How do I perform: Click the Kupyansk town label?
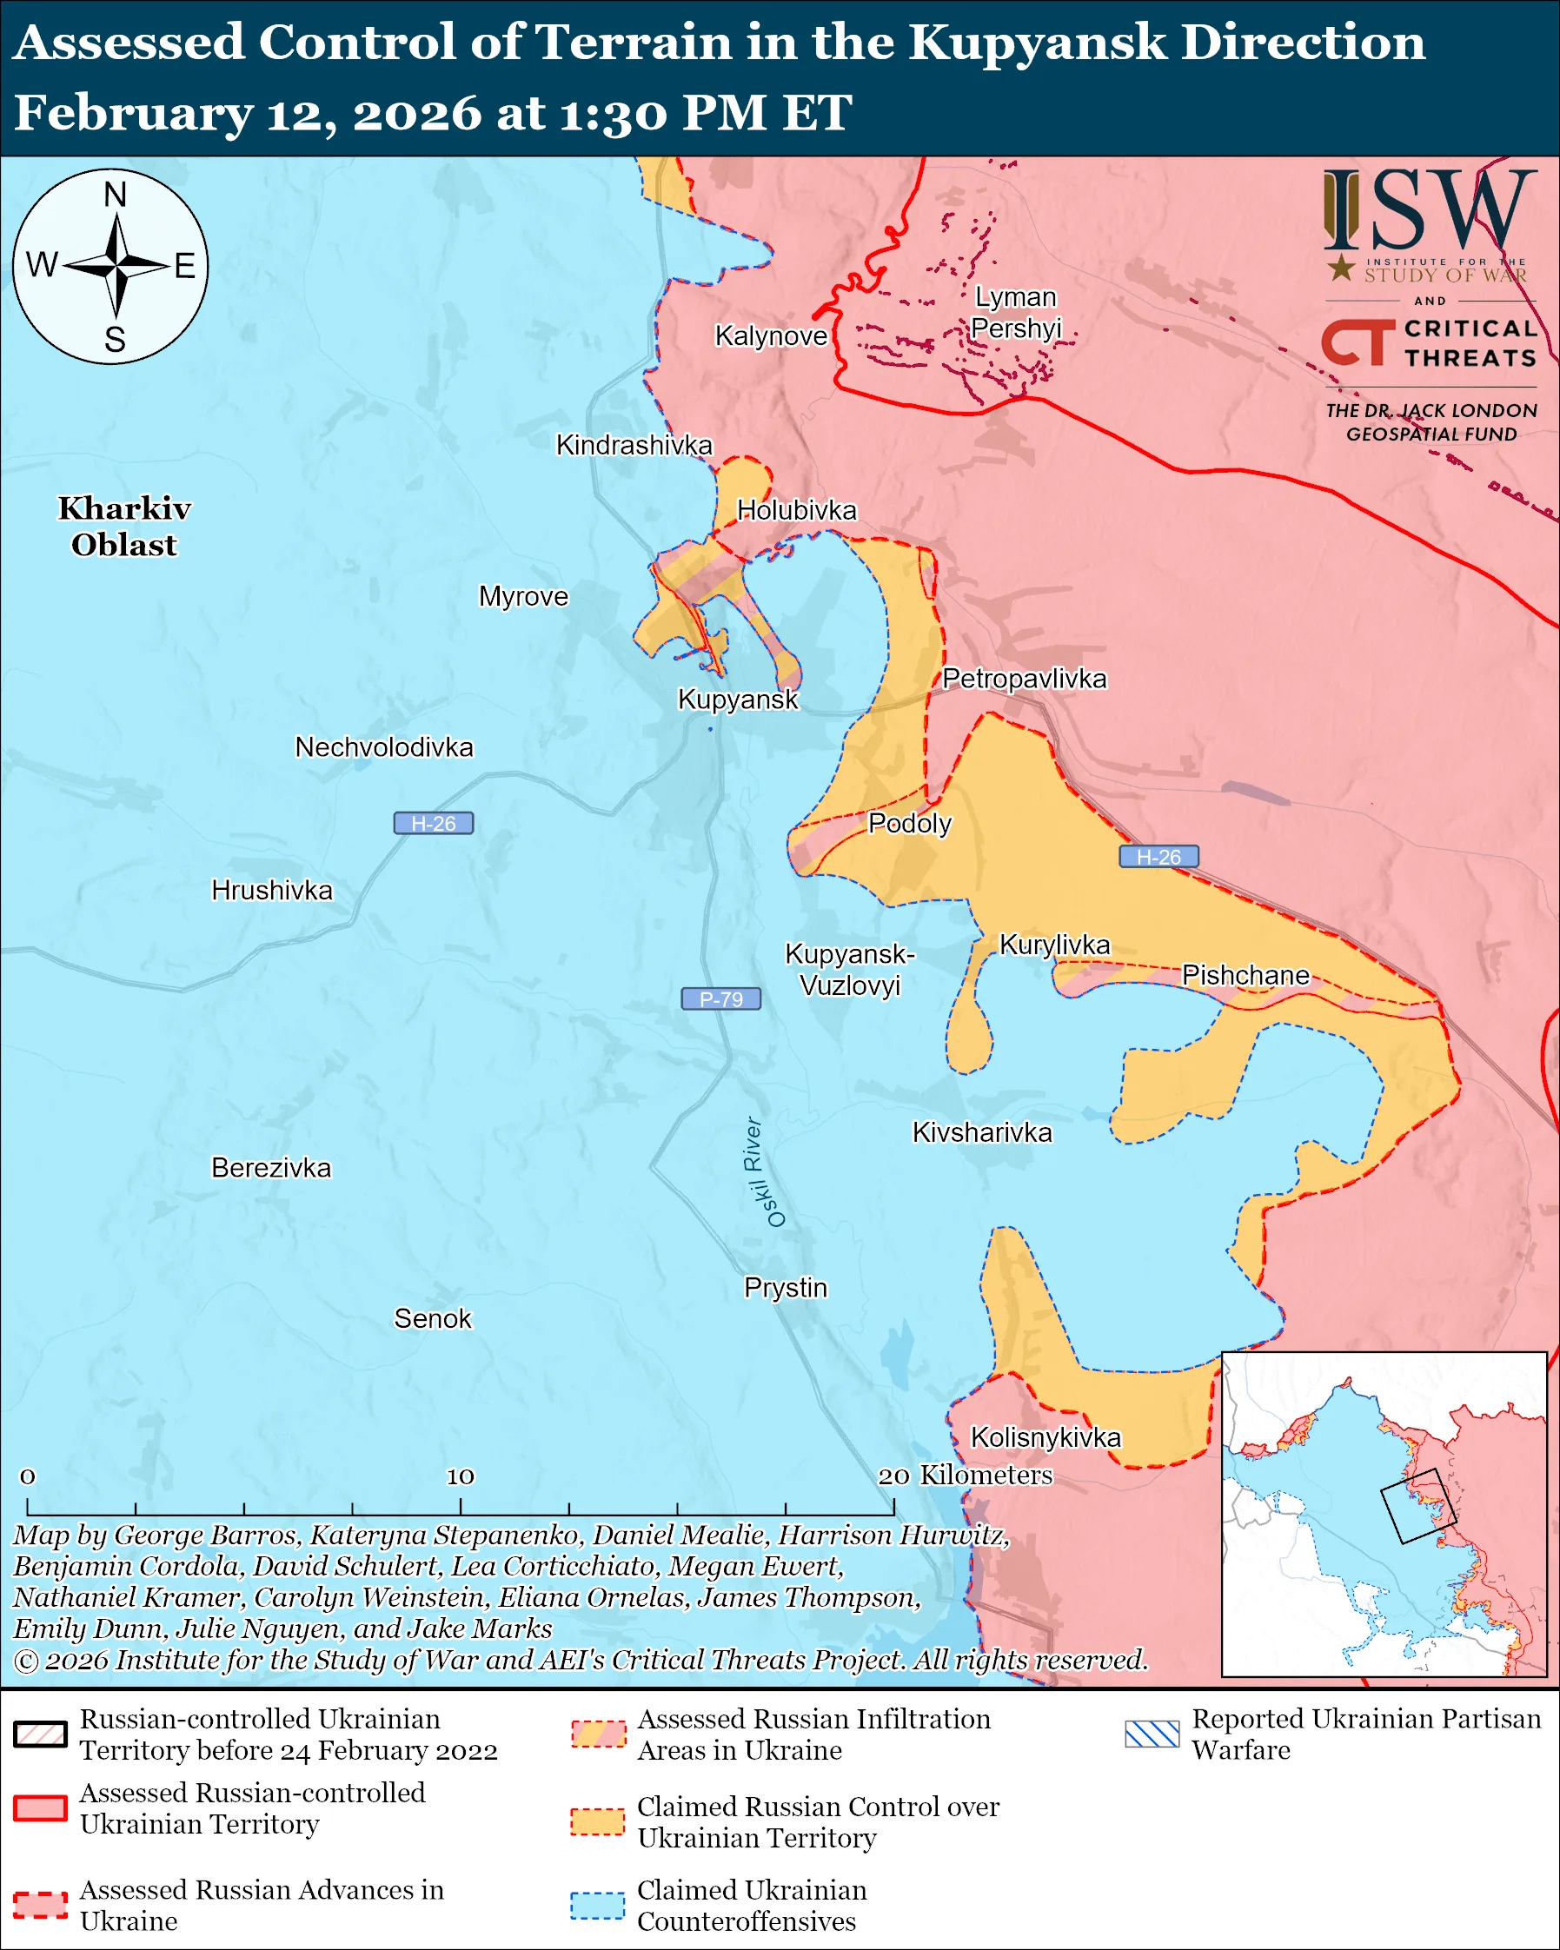pos(738,700)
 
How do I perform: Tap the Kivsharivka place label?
pos(981,1132)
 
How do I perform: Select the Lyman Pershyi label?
pos(1015,312)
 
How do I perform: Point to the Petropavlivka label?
pos(1024,679)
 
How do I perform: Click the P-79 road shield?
pos(720,998)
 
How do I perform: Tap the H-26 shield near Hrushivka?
pos(433,823)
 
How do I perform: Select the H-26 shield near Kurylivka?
pos(1158,857)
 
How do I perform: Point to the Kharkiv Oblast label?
pos(124,527)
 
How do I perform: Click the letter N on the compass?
pos(115,195)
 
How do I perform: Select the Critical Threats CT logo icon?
pos(1358,341)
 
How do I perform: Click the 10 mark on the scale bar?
pos(461,1476)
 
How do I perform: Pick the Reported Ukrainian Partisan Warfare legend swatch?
pos(1152,1734)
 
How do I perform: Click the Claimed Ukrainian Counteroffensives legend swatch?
pos(597,1905)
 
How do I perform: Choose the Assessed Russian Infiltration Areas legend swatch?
pos(597,1734)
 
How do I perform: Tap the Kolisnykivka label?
pos(1045,1437)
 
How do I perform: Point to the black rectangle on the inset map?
pos(1417,1505)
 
